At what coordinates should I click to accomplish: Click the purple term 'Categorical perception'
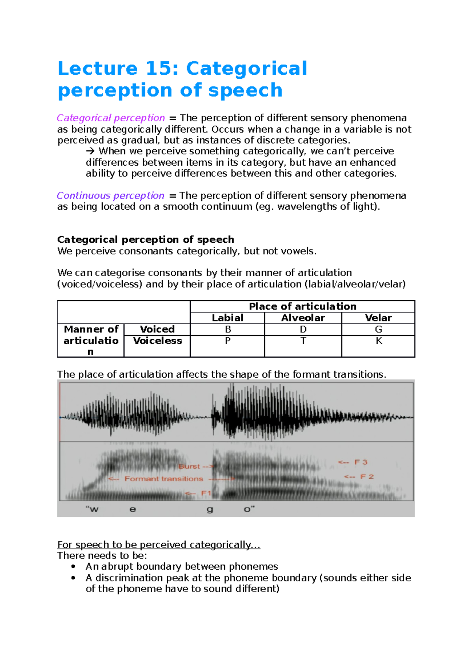pyautogui.click(x=111, y=118)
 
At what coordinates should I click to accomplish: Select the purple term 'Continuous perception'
pyautogui.click(x=111, y=196)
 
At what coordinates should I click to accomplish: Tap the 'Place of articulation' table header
pyautogui.click(x=302, y=306)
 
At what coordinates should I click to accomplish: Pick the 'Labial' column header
pyautogui.click(x=227, y=318)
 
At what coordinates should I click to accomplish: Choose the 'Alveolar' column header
pyautogui.click(x=303, y=318)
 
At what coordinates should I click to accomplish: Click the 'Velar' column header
pyautogui.click(x=378, y=318)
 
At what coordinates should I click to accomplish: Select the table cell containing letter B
pyautogui.click(x=228, y=329)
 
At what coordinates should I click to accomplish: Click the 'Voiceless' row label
pyautogui.click(x=157, y=341)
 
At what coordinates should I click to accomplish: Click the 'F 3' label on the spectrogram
pyautogui.click(x=361, y=462)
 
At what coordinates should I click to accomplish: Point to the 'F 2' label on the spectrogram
pyautogui.click(x=367, y=477)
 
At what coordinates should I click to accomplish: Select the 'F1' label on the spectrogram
pyautogui.click(x=206, y=493)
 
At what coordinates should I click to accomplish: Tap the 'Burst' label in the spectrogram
pyautogui.click(x=189, y=467)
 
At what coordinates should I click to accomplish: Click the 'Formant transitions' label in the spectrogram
pyautogui.click(x=164, y=479)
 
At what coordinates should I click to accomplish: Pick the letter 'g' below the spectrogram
pyautogui.click(x=210, y=510)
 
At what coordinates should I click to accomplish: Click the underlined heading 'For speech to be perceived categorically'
pyautogui.click(x=159, y=544)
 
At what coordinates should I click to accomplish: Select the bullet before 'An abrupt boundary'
pyautogui.click(x=73, y=567)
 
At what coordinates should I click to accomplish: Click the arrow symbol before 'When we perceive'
pyautogui.click(x=90, y=151)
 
